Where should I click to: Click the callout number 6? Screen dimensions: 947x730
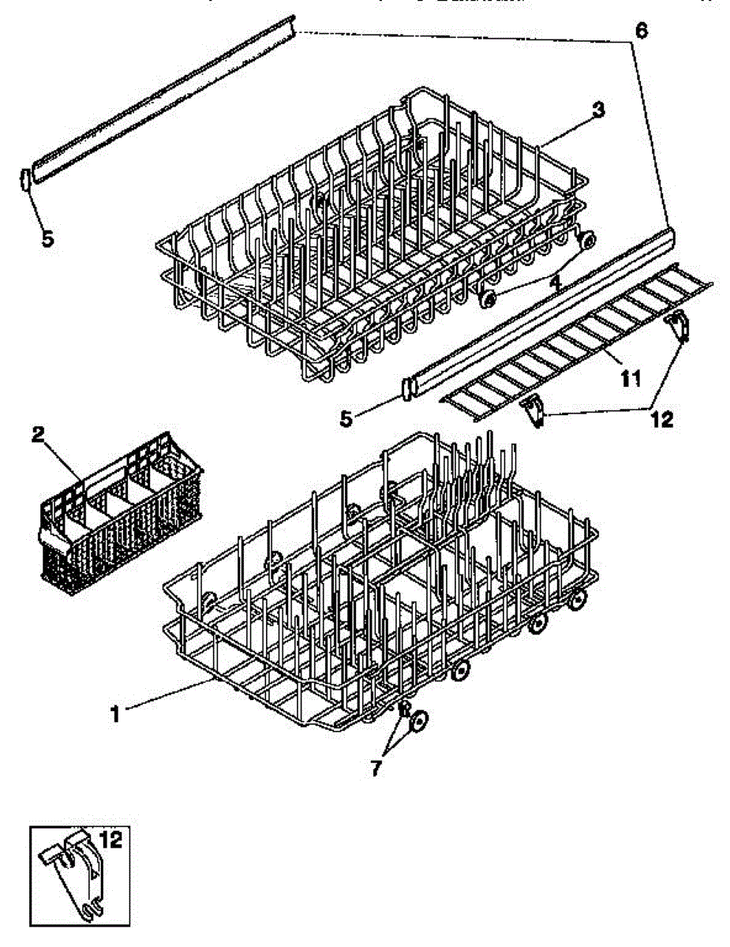pos(641,31)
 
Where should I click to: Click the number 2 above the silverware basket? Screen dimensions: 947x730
pos(36,433)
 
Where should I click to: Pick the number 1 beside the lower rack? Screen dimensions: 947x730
pos(115,714)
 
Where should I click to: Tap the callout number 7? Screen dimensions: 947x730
pos(376,768)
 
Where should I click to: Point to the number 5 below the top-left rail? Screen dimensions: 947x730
pos(48,239)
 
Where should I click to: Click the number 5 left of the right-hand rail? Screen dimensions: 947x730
pos(346,418)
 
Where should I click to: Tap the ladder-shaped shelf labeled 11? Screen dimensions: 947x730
pos(576,335)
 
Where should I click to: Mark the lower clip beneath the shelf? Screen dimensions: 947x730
pos(535,410)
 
